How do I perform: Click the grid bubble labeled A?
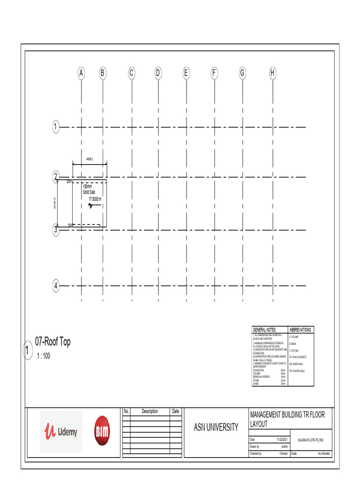pyautogui.click(x=81, y=73)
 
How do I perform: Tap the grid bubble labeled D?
pyautogui.click(x=158, y=73)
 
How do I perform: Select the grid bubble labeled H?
pyautogui.click(x=272, y=73)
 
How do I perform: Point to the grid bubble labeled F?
pyautogui.click(x=214, y=73)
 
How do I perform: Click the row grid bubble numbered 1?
pyautogui.click(x=56, y=127)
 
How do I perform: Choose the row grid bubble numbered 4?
pyautogui.click(x=56, y=285)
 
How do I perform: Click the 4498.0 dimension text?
pyautogui.click(x=89, y=159)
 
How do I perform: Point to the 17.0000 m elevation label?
pyautogui.click(x=95, y=199)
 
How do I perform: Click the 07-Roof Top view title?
pyautogui.click(x=53, y=342)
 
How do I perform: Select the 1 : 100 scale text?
pyautogui.click(x=43, y=356)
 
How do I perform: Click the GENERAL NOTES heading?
pyautogui.click(x=264, y=330)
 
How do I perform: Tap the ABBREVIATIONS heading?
pyautogui.click(x=300, y=330)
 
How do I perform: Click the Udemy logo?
pyautogui.click(x=61, y=432)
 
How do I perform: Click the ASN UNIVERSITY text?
pyautogui.click(x=216, y=427)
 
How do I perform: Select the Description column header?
pyautogui.click(x=150, y=412)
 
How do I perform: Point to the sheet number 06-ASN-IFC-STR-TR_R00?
pyautogui.click(x=311, y=441)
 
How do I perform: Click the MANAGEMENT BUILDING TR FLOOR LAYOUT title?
pyautogui.click(x=287, y=419)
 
